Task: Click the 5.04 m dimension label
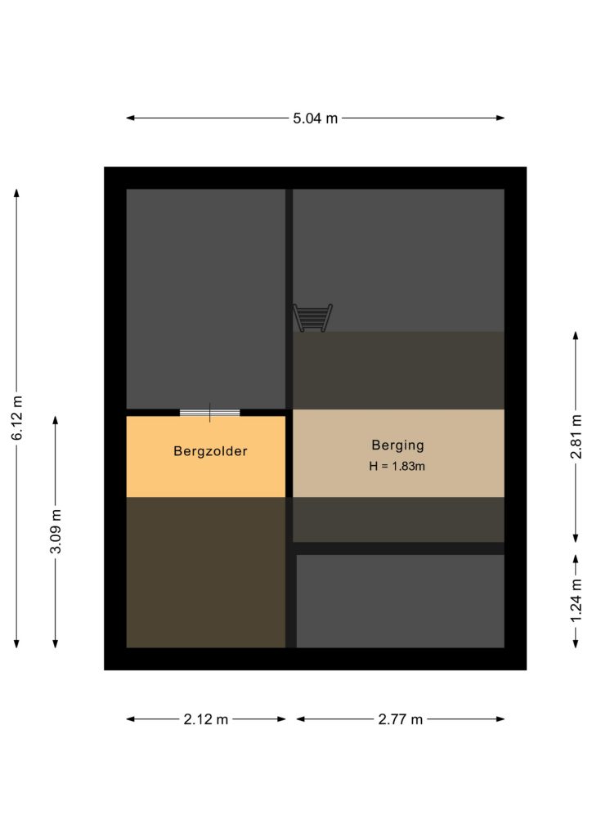[315, 118]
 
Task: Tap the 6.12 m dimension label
[18, 418]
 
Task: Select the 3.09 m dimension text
[56, 531]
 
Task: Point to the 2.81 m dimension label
[576, 436]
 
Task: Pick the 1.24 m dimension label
[576, 601]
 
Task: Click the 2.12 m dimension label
[205, 719]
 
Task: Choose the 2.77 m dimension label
[401, 719]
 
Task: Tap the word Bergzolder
[210, 451]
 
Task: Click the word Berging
[397, 445]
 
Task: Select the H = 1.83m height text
[397, 466]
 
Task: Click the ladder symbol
[313, 318]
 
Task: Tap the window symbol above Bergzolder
[210, 413]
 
